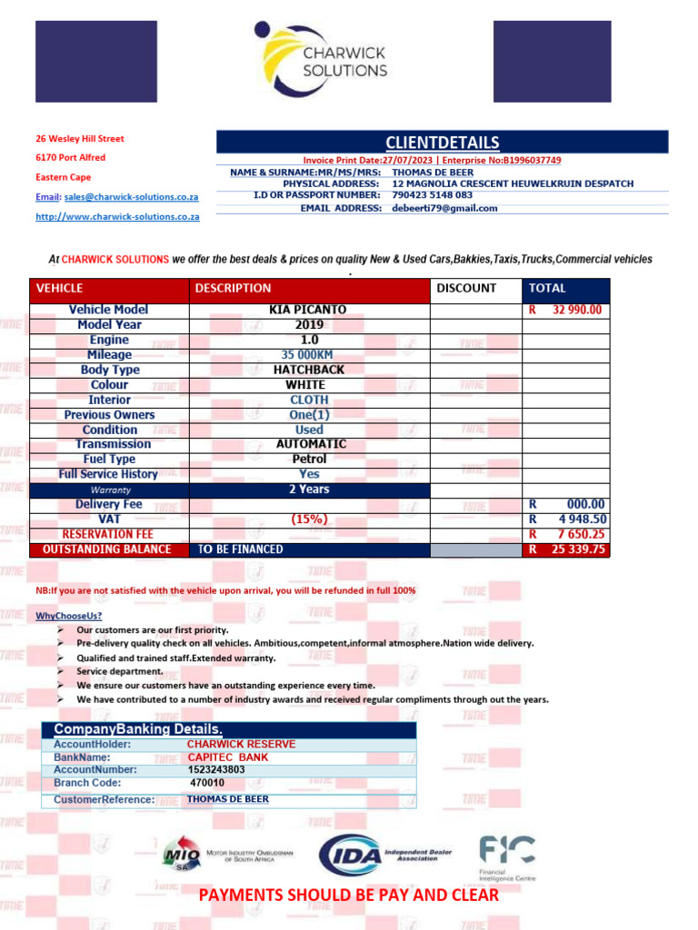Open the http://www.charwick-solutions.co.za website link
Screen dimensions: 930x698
click(117, 217)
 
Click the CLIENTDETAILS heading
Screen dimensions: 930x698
click(442, 143)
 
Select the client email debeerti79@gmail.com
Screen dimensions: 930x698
click(444, 208)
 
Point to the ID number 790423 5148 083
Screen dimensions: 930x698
click(432, 195)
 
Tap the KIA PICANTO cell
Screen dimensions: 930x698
click(308, 310)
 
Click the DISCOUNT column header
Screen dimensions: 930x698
click(466, 288)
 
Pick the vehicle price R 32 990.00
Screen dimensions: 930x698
click(565, 310)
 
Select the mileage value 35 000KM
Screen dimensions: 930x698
click(308, 355)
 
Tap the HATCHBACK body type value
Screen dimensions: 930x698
click(308, 370)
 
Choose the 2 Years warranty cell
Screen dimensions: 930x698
click(308, 490)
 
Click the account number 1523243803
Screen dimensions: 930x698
click(216, 769)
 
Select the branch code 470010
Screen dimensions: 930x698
click(207, 782)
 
